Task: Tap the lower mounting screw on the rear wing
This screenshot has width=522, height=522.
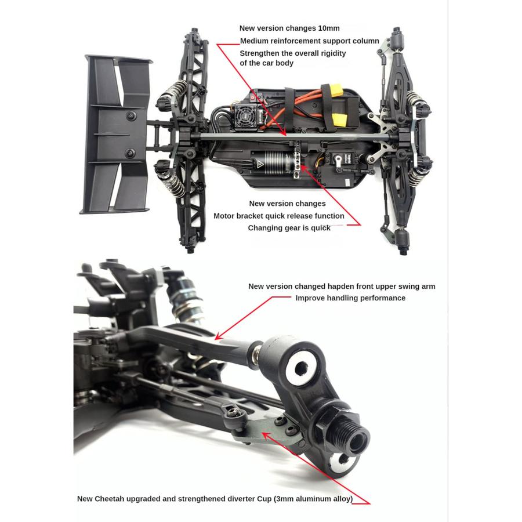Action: (x=130, y=153)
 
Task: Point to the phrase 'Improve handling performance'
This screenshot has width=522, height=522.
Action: (x=350, y=298)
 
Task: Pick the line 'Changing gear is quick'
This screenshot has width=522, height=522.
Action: (x=289, y=228)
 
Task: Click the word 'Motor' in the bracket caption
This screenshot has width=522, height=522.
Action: (x=225, y=216)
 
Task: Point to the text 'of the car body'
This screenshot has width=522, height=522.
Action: (x=267, y=63)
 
